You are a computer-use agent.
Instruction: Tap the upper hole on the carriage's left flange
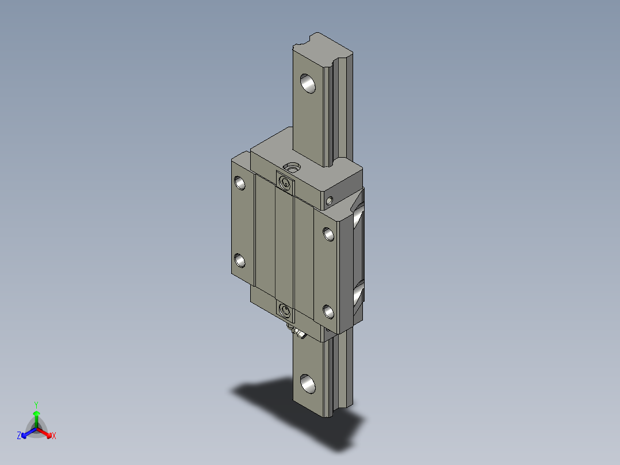coord(240,184)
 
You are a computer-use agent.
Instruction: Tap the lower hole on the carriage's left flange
coord(240,262)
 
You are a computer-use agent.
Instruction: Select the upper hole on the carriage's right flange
coord(329,234)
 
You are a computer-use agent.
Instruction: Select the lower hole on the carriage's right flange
coord(329,312)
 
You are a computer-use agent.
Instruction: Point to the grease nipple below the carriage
coord(298,333)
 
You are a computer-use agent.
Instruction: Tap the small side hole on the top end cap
coord(329,201)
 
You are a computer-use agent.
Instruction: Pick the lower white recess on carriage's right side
coord(357,295)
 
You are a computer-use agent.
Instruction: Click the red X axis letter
coord(54,436)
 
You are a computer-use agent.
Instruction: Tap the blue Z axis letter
coord(19,436)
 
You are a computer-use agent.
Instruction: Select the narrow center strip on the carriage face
coord(285,247)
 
